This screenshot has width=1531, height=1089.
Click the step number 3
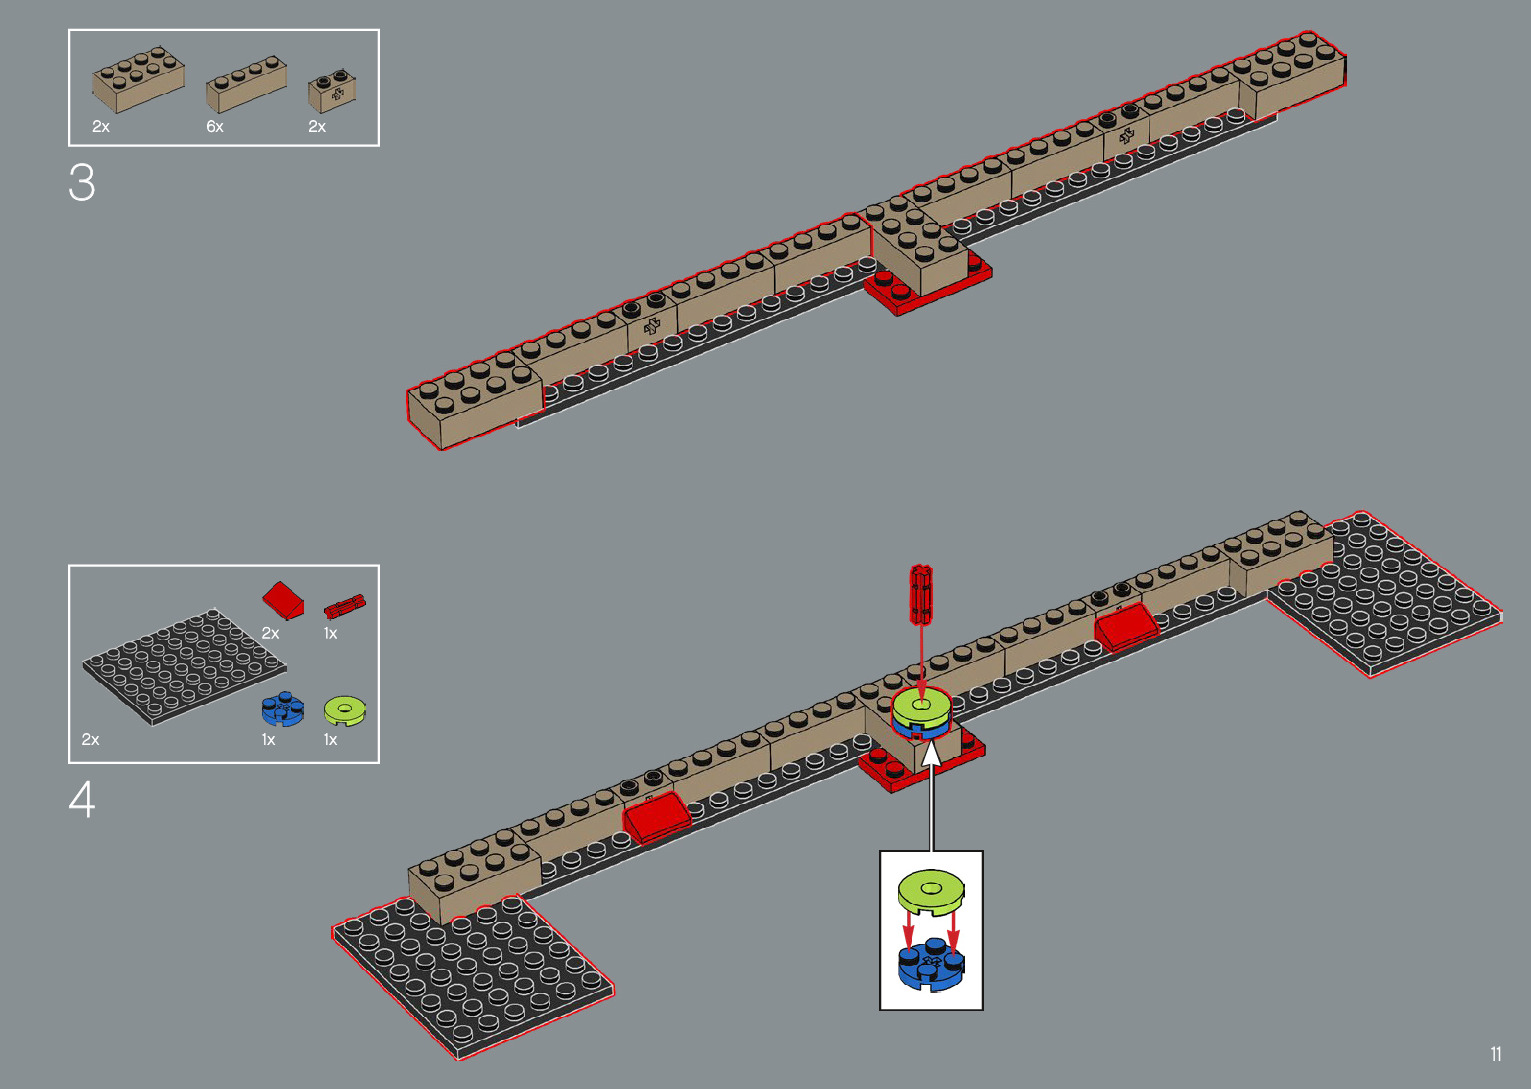tap(82, 183)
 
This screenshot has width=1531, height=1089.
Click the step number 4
tap(82, 800)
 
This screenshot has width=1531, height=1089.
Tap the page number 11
tap(1496, 1054)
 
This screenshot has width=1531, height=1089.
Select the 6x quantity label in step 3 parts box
tap(215, 127)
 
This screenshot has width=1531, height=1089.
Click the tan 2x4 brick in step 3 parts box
tap(138, 78)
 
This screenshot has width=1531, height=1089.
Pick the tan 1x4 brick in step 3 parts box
tap(246, 83)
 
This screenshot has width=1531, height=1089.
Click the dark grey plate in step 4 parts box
tap(184, 664)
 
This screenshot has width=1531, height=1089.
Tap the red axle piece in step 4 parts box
tap(345, 606)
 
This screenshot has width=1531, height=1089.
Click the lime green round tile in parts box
tap(345, 710)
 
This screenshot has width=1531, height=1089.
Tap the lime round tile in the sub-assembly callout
tap(931, 890)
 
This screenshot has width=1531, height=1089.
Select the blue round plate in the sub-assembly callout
tap(931, 964)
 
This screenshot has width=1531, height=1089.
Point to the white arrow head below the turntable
tap(932, 752)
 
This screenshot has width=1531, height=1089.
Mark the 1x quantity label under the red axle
tap(331, 634)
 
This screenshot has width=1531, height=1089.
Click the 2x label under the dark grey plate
tap(91, 740)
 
